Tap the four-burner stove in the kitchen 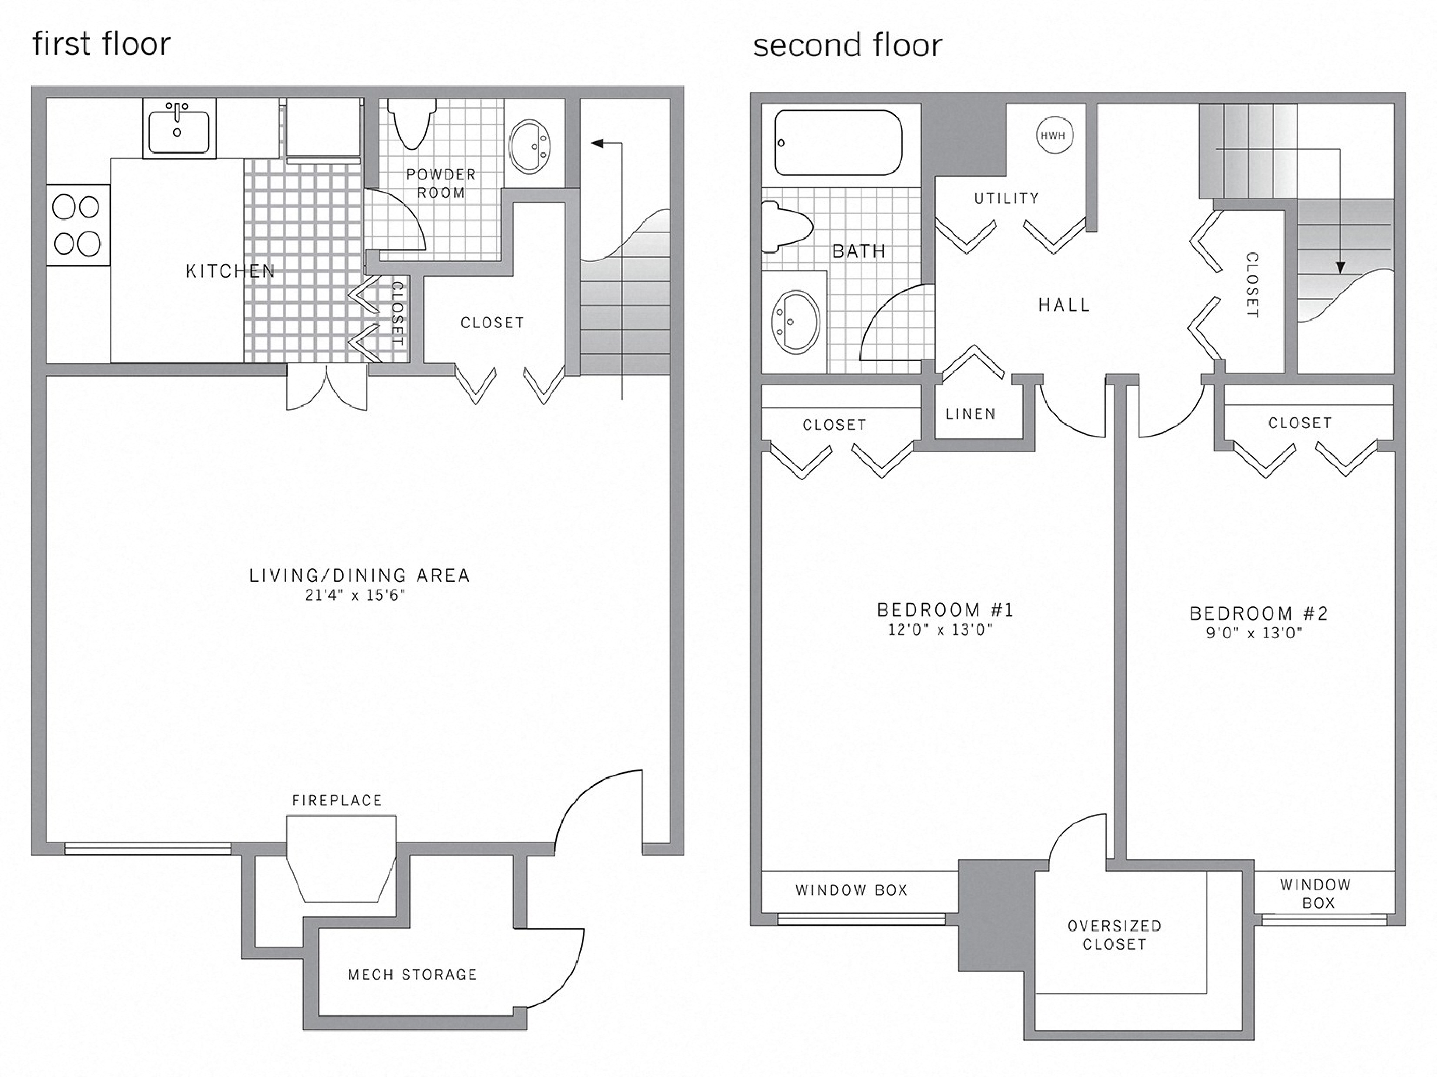(x=77, y=225)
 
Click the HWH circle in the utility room (x=1054, y=136)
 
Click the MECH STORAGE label (x=412, y=974)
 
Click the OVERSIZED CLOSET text (x=1114, y=935)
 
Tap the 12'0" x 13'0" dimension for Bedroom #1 (x=941, y=629)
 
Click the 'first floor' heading (x=102, y=44)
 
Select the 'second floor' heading (x=847, y=46)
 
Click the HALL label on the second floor (x=1064, y=305)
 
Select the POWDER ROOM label (x=441, y=183)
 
